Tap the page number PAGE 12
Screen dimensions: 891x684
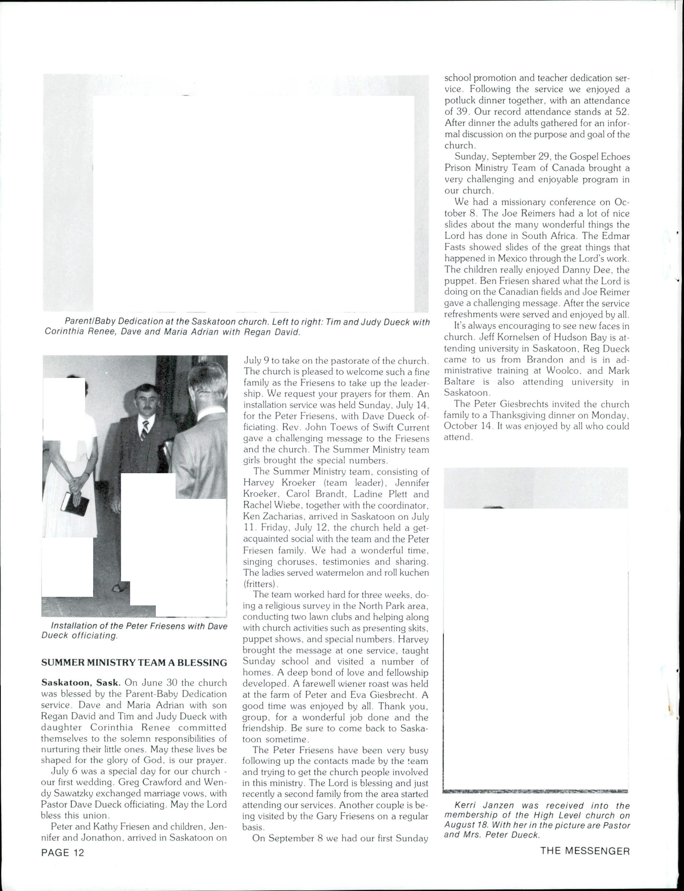[63, 852]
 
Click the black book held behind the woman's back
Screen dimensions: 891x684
[75, 503]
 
